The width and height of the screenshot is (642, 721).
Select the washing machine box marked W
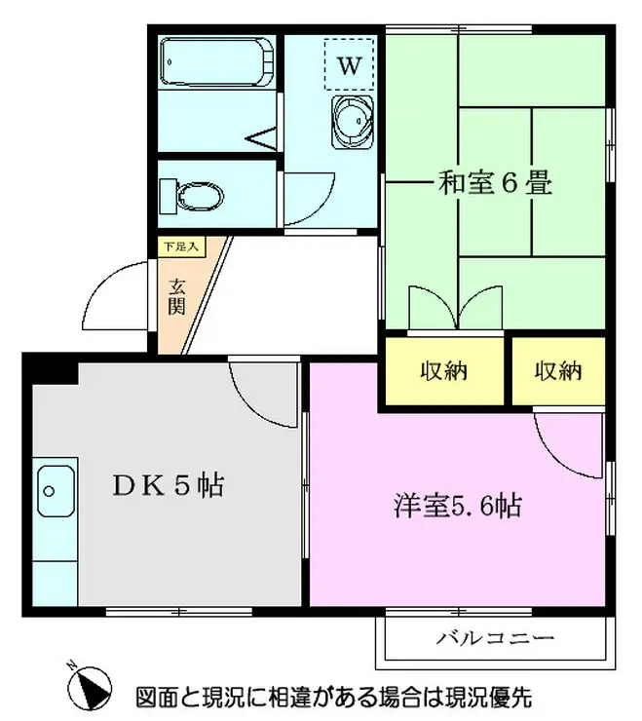(350, 65)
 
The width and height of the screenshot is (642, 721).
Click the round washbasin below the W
(351, 122)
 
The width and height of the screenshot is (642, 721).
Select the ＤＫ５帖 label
(169, 485)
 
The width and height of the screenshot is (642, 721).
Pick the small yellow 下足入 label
(179, 247)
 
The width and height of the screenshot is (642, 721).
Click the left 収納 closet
(444, 370)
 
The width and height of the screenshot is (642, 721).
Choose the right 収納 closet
(557, 370)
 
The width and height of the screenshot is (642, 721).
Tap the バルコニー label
(495, 639)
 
